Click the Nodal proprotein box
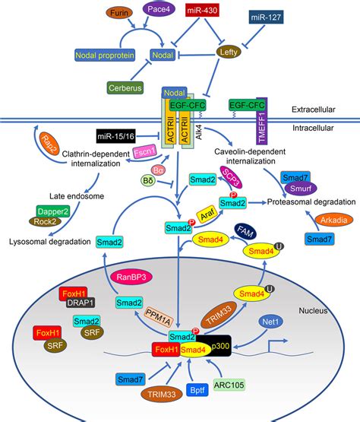(107, 55)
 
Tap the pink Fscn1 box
(144, 152)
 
